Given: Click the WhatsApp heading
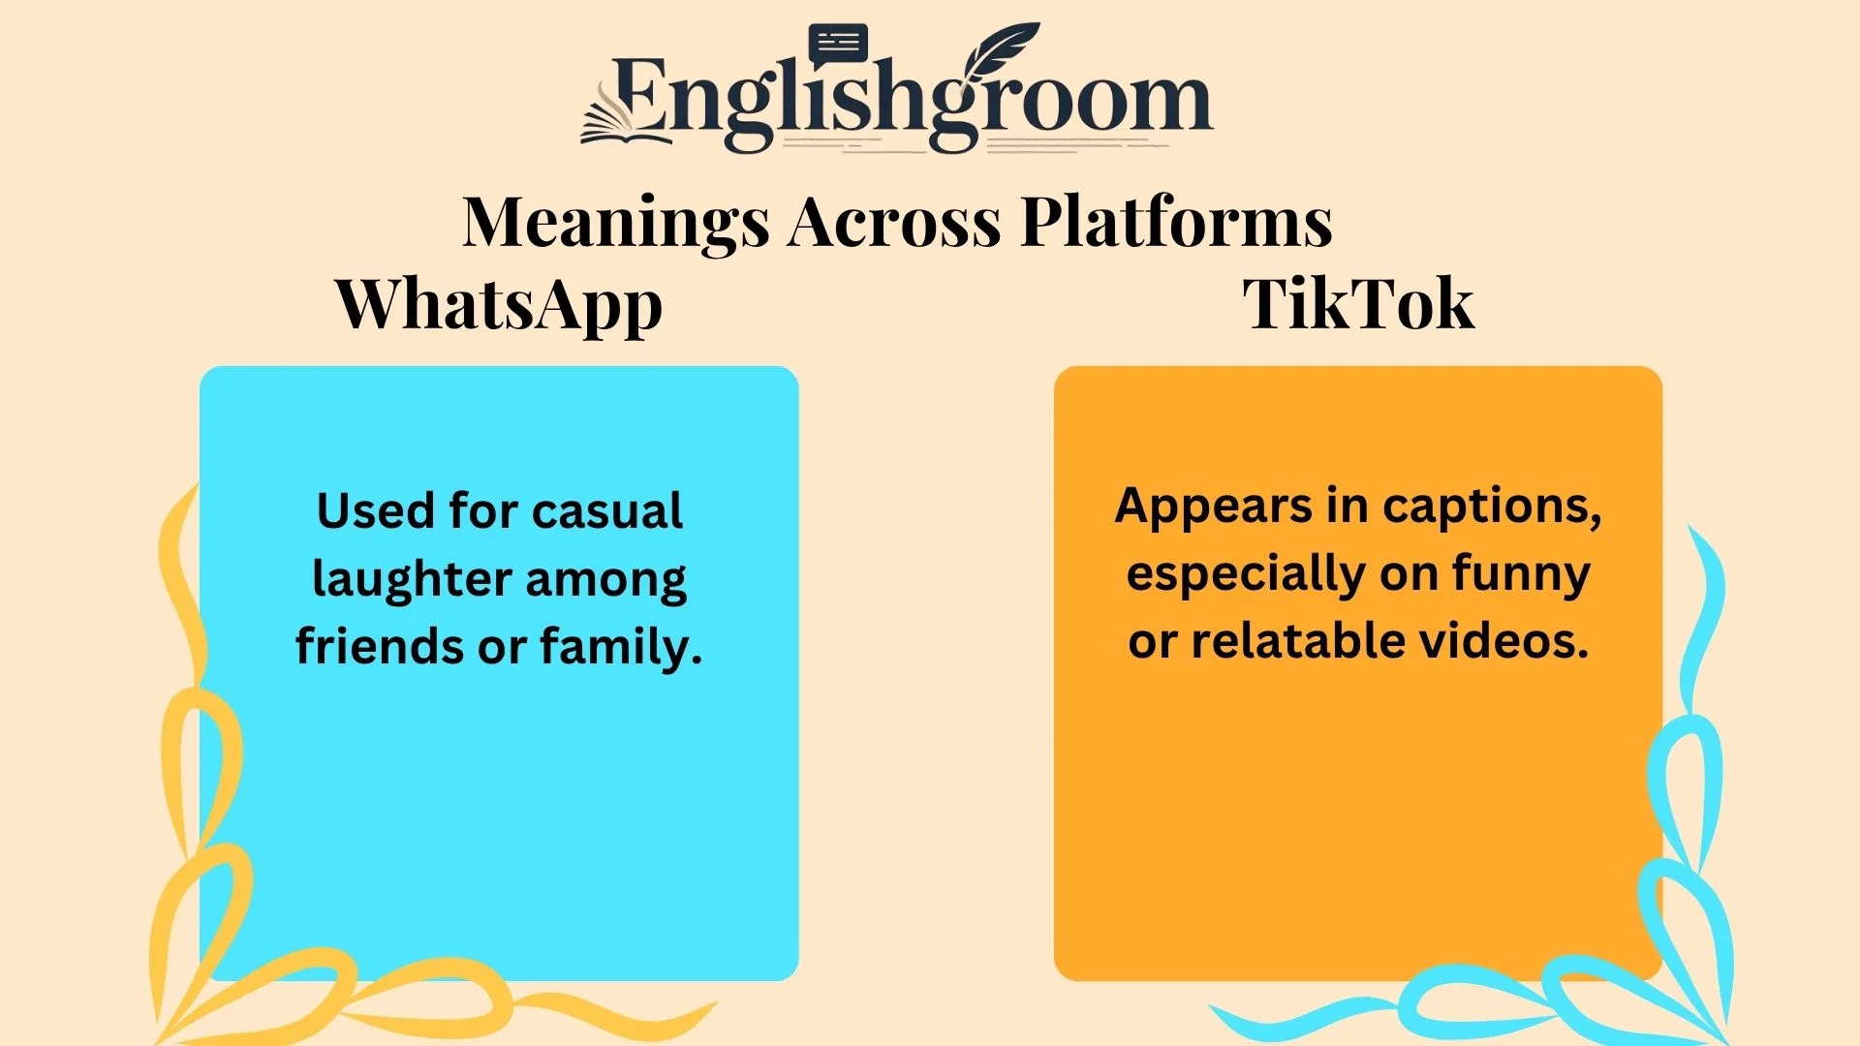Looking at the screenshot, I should (499, 305).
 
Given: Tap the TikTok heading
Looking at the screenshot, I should (1358, 304).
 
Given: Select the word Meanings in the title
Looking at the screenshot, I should (616, 223).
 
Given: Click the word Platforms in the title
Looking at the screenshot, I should (1176, 221).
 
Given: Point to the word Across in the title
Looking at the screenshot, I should (894, 222).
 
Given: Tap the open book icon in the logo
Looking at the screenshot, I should (625, 121).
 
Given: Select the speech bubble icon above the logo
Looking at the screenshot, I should (838, 44).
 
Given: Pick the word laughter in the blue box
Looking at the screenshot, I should (412, 580).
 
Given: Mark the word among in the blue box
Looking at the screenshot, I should (606, 579).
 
